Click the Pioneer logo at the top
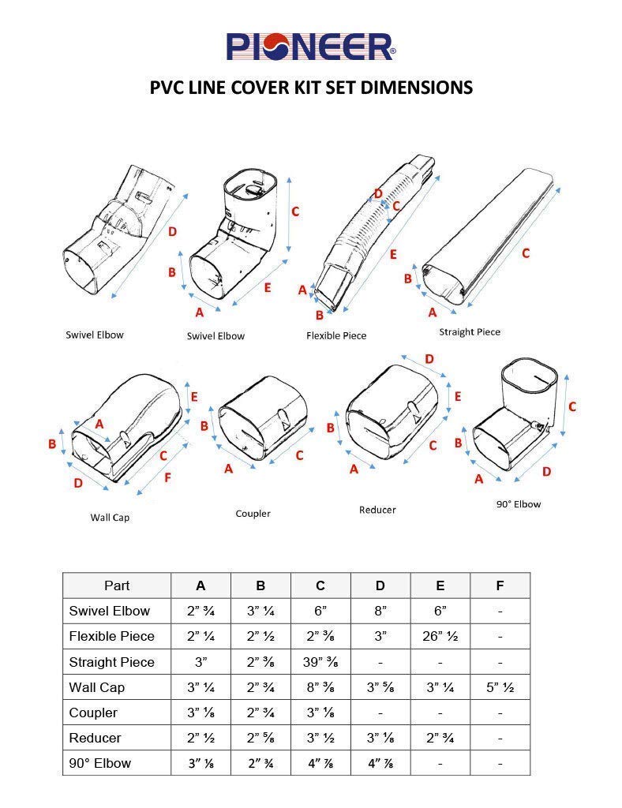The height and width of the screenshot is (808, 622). pyautogui.click(x=311, y=47)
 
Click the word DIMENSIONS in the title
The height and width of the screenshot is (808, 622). pyautogui.click(x=415, y=87)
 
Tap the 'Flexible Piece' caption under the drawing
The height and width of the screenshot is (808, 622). pyautogui.click(x=336, y=335)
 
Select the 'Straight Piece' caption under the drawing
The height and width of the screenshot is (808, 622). pyautogui.click(x=470, y=331)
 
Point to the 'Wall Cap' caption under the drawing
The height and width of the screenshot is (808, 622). pyautogui.click(x=110, y=518)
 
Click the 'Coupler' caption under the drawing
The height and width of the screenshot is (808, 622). pyautogui.click(x=253, y=514)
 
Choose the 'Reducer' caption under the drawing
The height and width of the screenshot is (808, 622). pyautogui.click(x=377, y=510)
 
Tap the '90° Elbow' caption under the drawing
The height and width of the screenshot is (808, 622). pyautogui.click(x=518, y=503)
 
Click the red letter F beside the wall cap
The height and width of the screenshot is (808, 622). pyautogui.click(x=167, y=477)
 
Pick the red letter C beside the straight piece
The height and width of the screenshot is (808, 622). pyautogui.click(x=526, y=253)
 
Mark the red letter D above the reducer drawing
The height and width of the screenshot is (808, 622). pyautogui.click(x=429, y=359)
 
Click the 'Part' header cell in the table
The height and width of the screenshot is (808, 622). pyautogui.click(x=117, y=585)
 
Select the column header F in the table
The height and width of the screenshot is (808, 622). pyautogui.click(x=500, y=585)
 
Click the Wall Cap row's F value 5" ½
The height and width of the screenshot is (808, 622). pyautogui.click(x=500, y=687)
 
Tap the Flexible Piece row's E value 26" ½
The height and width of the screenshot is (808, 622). pyautogui.click(x=440, y=636)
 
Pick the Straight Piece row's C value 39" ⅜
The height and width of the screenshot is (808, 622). pyautogui.click(x=320, y=662)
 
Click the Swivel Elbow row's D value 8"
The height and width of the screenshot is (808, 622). pyautogui.click(x=380, y=611)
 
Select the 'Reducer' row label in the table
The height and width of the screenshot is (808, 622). pyautogui.click(x=96, y=738)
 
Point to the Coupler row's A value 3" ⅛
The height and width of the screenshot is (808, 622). pyautogui.click(x=200, y=713)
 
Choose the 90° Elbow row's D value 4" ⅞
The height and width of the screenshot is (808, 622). pyautogui.click(x=380, y=763)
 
